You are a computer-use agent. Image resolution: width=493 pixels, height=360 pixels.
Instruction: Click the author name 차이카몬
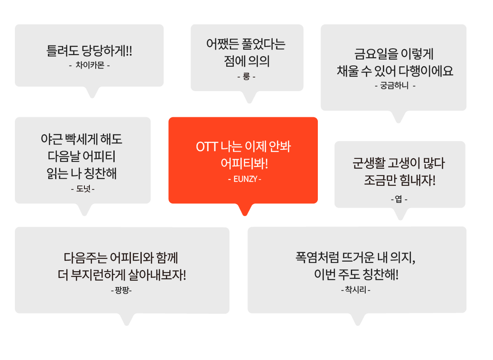pos(89,65)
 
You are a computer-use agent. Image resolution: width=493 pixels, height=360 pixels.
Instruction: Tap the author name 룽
pos(246,77)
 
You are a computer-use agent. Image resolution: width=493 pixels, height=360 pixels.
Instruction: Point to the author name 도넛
pos(83,189)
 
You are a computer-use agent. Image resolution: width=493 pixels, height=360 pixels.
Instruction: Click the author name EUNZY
pos(245,179)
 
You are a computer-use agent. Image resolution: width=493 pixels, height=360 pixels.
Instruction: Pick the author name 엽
pos(399,199)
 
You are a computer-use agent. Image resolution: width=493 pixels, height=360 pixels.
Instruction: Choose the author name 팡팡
pos(121,290)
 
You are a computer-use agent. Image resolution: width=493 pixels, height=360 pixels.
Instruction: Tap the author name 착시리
pos(356,290)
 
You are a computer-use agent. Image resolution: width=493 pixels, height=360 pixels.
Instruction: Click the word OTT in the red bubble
pos(207,147)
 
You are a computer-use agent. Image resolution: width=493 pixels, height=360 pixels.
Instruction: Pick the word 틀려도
pos(61,50)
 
